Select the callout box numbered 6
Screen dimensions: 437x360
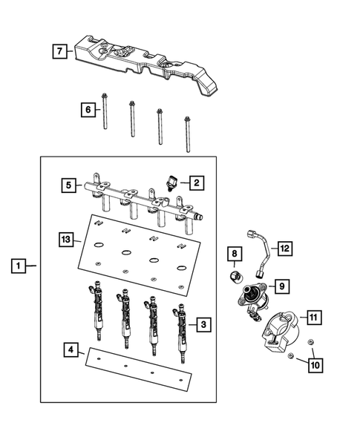87,110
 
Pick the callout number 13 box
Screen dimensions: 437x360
67,239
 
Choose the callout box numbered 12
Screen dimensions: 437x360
285,248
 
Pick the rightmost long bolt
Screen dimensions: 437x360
188,134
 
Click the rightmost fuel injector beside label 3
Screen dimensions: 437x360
180,334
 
